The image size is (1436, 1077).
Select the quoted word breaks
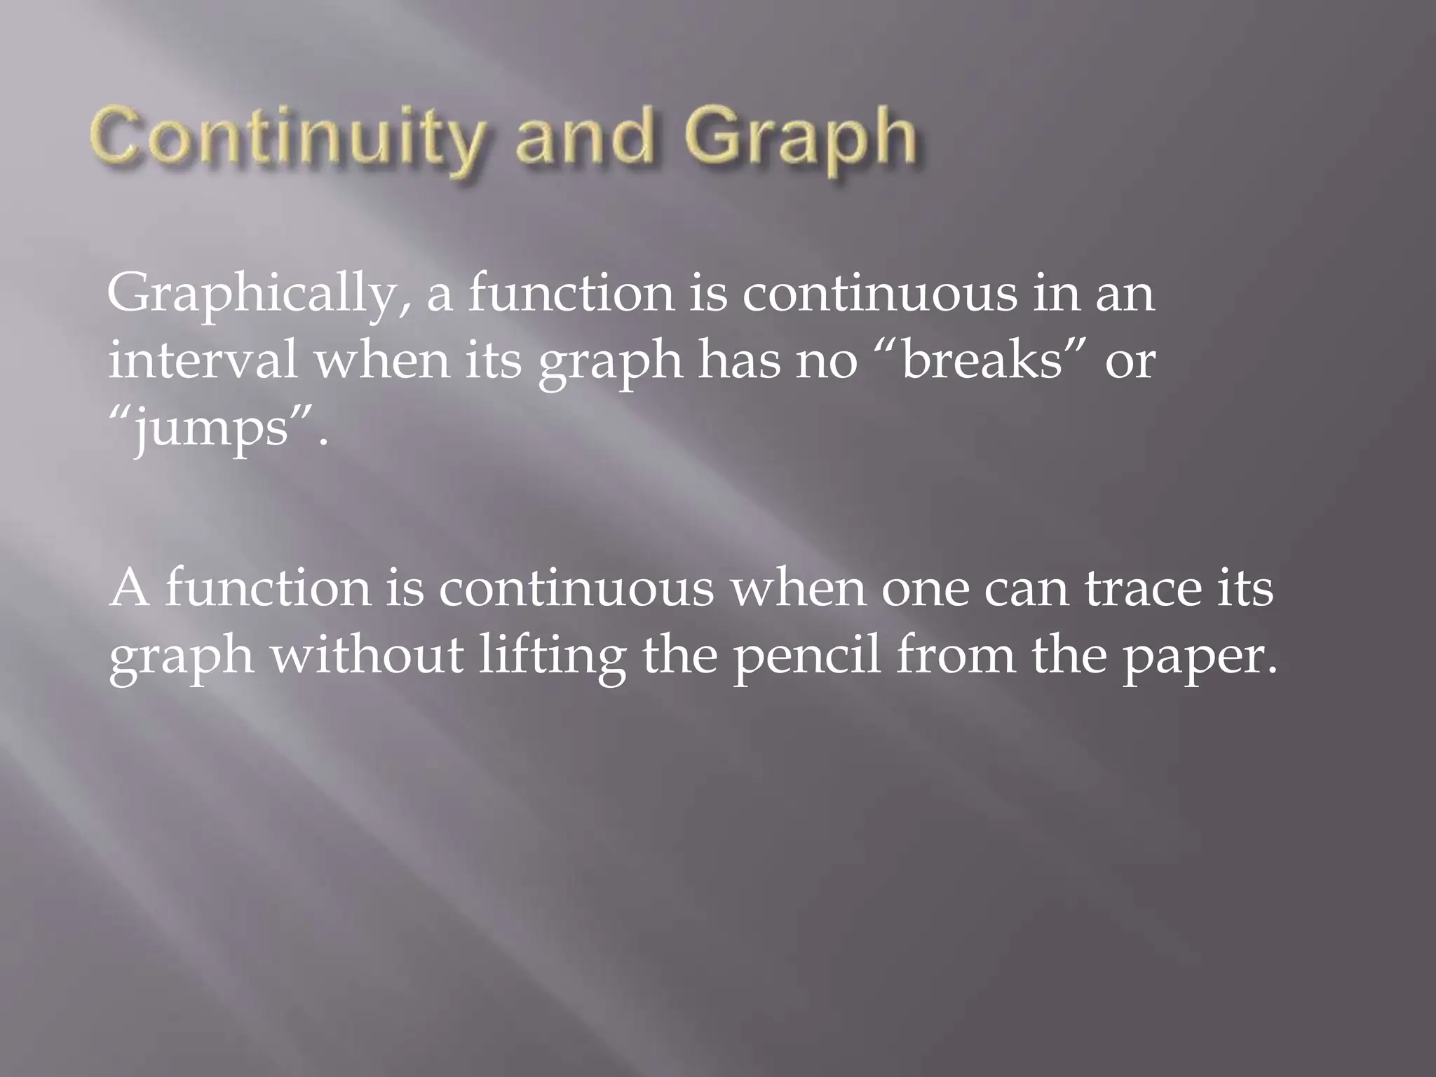pyautogui.click(x=982, y=362)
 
